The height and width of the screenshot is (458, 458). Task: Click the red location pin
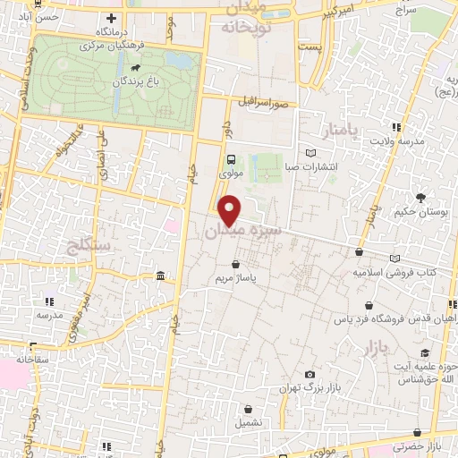[231, 209]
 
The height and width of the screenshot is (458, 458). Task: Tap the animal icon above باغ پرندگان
[133, 68]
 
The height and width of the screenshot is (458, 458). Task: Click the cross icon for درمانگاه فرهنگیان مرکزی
[111, 18]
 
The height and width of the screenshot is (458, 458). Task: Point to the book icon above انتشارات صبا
[310, 152]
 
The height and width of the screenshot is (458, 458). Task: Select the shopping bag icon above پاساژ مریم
[234, 265]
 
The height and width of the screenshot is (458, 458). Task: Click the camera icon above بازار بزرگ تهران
[310, 374]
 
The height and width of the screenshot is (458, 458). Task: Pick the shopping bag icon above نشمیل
[246, 409]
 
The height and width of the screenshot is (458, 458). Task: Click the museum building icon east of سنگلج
[160, 275]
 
